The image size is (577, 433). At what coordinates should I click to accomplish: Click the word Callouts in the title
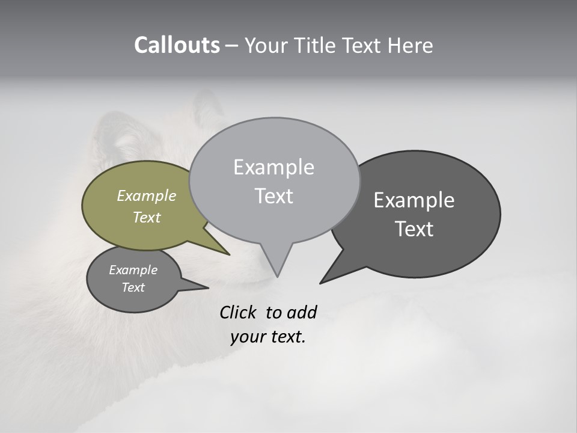pyautogui.click(x=177, y=46)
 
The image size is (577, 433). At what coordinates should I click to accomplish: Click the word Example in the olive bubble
pyautogui.click(x=147, y=195)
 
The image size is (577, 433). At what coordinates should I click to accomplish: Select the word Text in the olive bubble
pyautogui.click(x=147, y=217)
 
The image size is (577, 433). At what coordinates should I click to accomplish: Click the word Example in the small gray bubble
pyautogui.click(x=133, y=270)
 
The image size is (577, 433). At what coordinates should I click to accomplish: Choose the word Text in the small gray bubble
pyautogui.click(x=133, y=287)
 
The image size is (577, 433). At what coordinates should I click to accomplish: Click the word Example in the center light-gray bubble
pyautogui.click(x=273, y=167)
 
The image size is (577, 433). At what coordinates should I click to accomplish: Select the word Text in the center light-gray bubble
pyautogui.click(x=273, y=196)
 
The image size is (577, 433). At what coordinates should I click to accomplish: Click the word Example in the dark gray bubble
pyautogui.click(x=414, y=200)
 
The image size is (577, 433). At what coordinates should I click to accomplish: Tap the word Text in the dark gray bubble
pyautogui.click(x=414, y=229)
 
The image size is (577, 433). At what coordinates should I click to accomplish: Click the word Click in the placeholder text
pyautogui.click(x=239, y=312)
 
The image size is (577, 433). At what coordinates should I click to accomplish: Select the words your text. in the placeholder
pyautogui.click(x=268, y=337)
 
